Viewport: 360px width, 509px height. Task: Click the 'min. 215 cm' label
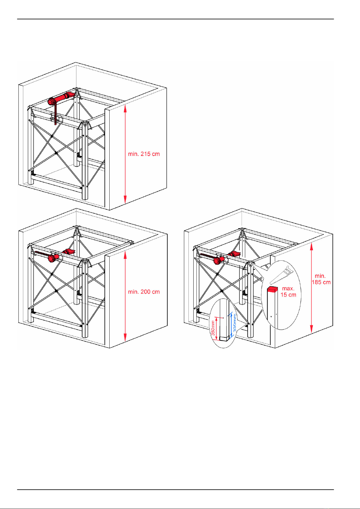[x=144, y=154]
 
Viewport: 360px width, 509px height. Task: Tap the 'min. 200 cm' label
[x=144, y=292]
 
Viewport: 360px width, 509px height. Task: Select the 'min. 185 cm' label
[x=321, y=279]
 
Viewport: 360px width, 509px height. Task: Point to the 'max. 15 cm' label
[x=288, y=292]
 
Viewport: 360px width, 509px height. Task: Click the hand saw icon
[x=281, y=275]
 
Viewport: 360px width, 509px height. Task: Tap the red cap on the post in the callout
[x=272, y=289]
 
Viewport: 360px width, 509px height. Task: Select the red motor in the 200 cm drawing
[x=53, y=258]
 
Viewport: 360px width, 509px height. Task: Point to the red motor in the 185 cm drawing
[x=219, y=260]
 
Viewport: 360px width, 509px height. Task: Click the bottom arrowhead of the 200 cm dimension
[x=125, y=338]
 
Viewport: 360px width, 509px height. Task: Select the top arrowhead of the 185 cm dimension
[x=311, y=246]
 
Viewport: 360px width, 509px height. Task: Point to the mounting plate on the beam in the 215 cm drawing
[x=57, y=118]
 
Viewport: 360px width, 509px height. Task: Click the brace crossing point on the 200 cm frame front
[x=56, y=291]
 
